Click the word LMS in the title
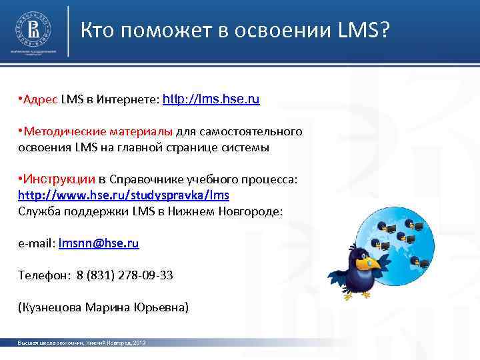[x=359, y=30]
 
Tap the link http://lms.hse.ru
[x=211, y=100]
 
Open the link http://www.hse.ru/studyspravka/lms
[x=123, y=195]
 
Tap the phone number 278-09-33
[x=152, y=275]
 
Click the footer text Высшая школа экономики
[x=49, y=343]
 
